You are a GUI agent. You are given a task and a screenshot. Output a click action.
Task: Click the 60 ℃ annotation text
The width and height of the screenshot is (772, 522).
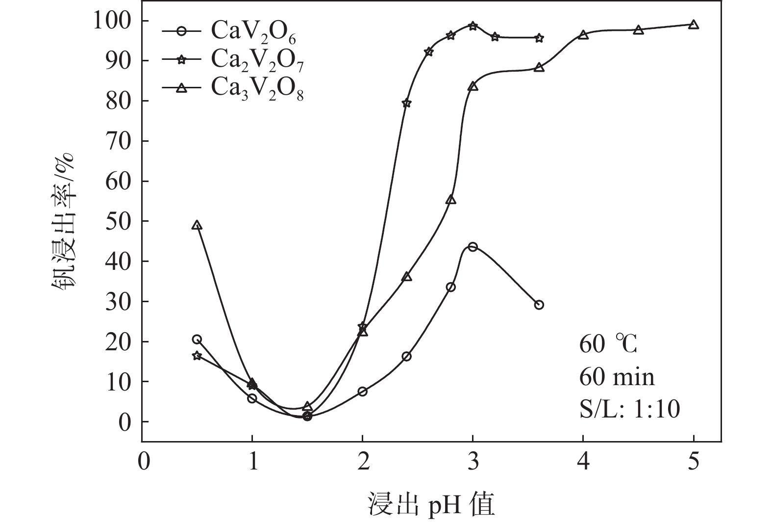coord(608,345)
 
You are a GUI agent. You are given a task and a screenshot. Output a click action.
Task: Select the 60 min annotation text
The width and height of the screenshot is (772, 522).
coord(617,377)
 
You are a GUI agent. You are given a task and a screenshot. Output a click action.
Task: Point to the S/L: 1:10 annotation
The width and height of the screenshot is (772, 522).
coord(630,409)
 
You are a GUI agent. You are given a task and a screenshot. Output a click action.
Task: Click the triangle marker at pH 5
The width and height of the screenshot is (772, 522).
coord(693,25)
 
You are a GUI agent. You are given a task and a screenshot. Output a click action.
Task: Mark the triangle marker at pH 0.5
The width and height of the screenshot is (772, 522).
coord(197,225)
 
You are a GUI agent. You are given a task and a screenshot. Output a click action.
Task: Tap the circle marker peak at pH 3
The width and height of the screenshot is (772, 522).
coord(473,247)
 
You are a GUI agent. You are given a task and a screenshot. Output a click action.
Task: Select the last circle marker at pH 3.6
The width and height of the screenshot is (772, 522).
coord(539,305)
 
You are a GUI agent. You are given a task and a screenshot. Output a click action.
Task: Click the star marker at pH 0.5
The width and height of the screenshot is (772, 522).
coord(197,355)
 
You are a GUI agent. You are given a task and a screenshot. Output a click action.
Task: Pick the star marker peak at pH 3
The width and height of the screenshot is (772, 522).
coord(473,26)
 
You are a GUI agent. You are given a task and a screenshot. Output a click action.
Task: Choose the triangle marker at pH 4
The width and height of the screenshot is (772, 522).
coord(583,35)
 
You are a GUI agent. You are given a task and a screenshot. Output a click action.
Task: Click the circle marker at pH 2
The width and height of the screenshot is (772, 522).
coord(362,391)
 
